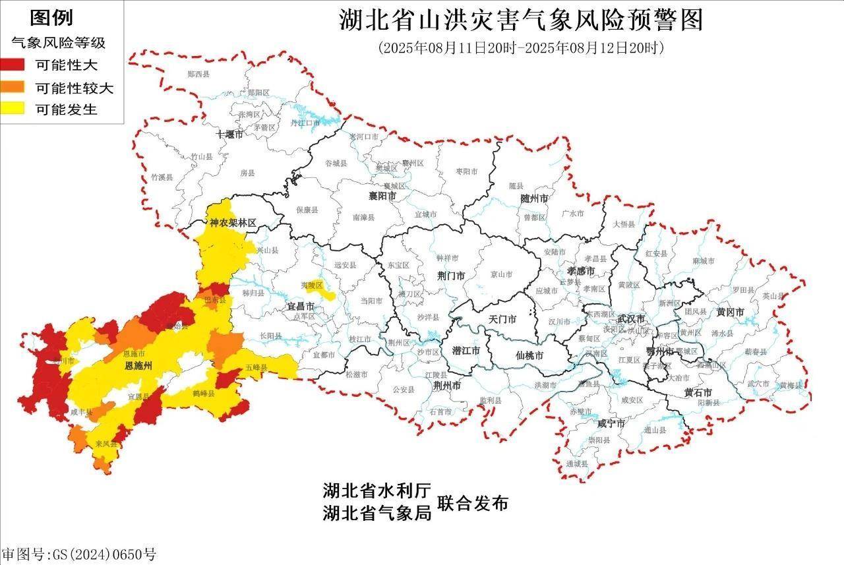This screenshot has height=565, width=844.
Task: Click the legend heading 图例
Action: click(x=51, y=18)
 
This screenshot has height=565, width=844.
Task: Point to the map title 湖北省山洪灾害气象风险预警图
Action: click(x=521, y=20)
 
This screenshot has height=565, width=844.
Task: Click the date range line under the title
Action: click(x=521, y=47)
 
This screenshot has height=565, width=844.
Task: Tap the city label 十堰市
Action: click(x=229, y=134)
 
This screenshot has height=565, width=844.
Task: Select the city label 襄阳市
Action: click(x=382, y=196)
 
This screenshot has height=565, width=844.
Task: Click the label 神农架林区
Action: click(x=232, y=223)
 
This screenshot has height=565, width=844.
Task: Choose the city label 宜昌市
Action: click(x=301, y=307)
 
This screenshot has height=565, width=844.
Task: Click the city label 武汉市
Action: click(x=631, y=318)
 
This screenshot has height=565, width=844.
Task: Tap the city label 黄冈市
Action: click(x=730, y=312)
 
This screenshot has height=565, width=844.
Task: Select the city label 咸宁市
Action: click(x=611, y=423)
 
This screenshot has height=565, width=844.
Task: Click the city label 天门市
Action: click(x=502, y=319)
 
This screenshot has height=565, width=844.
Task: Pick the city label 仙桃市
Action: click(x=529, y=355)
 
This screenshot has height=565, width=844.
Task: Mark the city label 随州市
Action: click(x=534, y=198)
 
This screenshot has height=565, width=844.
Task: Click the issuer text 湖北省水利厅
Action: click(x=377, y=490)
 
